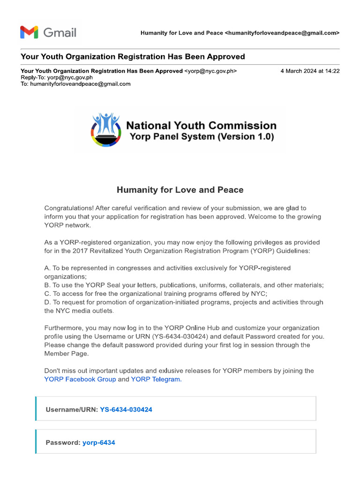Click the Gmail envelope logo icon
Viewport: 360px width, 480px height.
29,32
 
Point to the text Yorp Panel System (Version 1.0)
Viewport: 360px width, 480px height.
202,137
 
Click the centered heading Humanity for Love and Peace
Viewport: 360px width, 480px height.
180,190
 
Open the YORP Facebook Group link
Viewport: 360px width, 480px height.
80,379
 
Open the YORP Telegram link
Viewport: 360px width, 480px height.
155,379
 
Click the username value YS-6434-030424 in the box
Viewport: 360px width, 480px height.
126,410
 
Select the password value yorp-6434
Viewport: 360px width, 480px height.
99,442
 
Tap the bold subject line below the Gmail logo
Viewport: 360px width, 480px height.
133,57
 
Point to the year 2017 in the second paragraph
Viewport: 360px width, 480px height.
80,251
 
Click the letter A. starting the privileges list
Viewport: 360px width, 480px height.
47,268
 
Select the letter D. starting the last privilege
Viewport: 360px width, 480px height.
47,302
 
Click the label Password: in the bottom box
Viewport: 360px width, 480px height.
63,442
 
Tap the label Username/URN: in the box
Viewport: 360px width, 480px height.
72,410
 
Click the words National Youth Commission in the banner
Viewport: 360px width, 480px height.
202,126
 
